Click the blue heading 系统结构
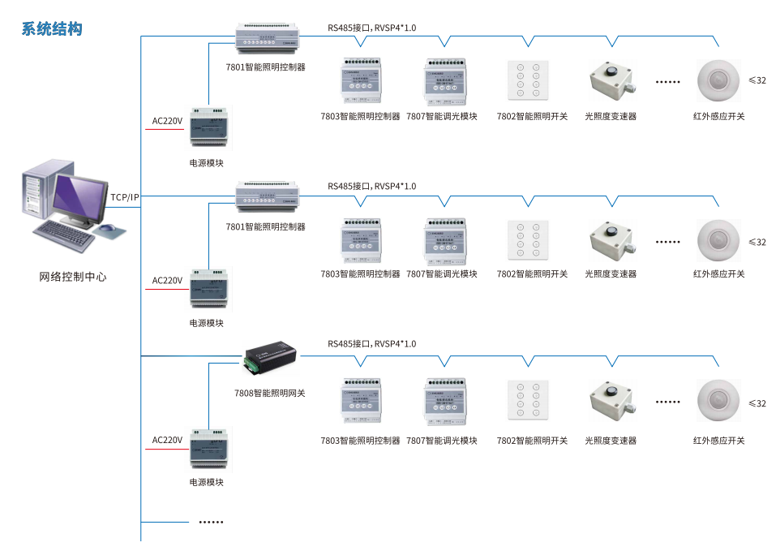coord(51,29)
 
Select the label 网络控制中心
coord(73,277)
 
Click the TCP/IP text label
coord(125,197)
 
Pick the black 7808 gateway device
coord(271,358)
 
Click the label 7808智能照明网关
coord(269,394)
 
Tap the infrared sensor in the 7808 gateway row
coord(718,401)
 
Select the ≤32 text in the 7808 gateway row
coord(757,403)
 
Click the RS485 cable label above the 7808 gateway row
coord(371,344)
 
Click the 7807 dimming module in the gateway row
coord(444,402)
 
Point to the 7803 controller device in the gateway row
coord(360,402)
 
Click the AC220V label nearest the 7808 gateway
coord(167,441)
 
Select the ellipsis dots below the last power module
coord(211,522)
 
